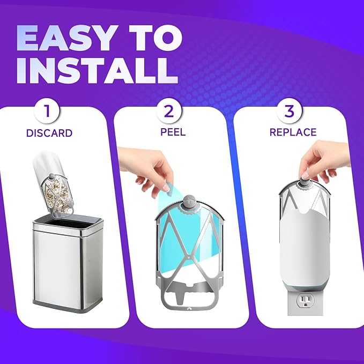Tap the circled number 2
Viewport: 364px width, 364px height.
pos(169,112)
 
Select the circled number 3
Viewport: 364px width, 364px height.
pos(289,112)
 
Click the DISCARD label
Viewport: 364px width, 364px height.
pos(49,132)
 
